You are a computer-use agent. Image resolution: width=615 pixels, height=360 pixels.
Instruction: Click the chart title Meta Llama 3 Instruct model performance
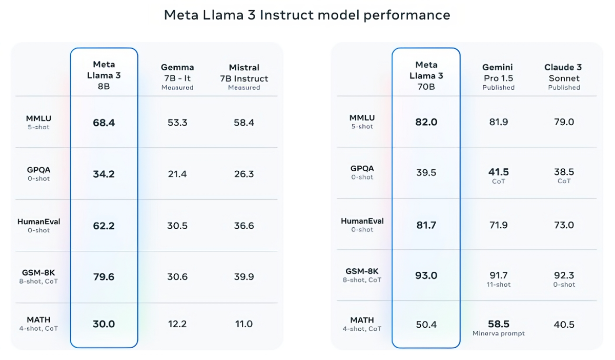pos(307,15)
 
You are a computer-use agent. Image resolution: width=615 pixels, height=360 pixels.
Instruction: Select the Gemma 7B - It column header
pos(177,76)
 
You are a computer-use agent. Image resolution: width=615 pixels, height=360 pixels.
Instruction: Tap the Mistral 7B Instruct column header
pos(244,76)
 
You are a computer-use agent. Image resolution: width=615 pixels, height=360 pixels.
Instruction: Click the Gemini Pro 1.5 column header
pos(498,76)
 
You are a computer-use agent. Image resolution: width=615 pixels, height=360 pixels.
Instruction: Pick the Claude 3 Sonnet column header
pos(564,76)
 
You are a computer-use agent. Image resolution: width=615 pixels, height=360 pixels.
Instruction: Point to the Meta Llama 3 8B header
pos(104,75)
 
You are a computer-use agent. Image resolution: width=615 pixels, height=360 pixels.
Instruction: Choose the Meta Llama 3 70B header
pos(426,75)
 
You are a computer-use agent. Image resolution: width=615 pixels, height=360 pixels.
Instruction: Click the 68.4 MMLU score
pos(104,123)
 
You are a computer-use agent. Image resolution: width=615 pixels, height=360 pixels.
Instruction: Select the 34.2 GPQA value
pos(104,174)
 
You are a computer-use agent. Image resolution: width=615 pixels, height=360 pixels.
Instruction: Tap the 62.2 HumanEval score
pos(104,226)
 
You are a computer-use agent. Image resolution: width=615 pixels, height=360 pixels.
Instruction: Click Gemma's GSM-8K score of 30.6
pos(177,277)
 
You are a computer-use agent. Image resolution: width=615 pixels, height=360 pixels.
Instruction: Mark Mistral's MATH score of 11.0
pos(244,324)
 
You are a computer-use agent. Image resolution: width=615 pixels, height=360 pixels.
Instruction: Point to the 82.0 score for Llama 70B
pos(426,122)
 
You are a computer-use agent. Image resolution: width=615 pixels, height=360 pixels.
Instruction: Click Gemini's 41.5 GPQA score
pos(498,172)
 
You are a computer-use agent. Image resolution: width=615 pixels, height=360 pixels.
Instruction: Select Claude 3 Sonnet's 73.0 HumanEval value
pos(564,225)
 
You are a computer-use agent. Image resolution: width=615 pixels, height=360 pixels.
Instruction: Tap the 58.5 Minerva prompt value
pos(498,324)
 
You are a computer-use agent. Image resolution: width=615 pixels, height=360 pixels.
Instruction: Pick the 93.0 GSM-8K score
pos(426,276)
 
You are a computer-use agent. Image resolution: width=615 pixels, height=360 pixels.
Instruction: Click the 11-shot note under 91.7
pos(498,285)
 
